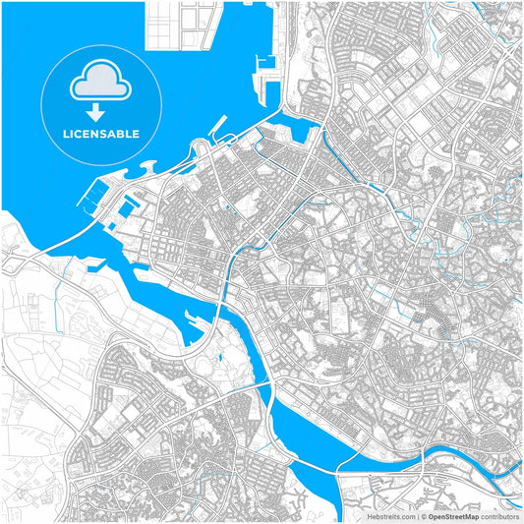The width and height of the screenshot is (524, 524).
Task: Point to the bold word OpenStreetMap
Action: pos(454,515)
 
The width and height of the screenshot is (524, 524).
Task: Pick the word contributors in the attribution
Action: pos(500,515)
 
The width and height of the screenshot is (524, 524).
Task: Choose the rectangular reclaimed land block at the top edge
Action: pos(183,25)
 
